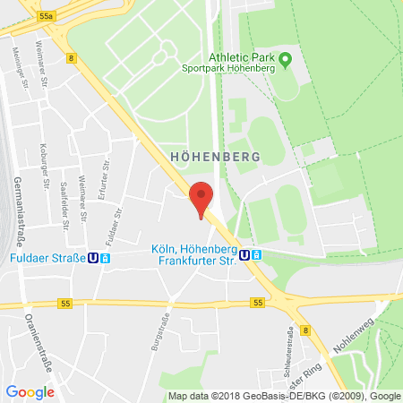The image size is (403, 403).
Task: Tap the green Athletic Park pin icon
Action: point(286,61)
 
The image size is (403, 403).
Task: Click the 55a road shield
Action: point(47,15)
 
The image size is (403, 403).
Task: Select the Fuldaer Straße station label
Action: point(44,259)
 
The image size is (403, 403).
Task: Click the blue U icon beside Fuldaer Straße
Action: point(91,259)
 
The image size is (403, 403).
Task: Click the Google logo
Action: point(30,391)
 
